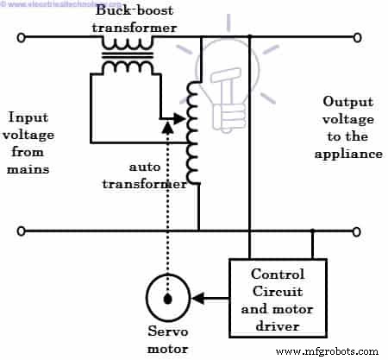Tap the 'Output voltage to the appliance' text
(x=350, y=130)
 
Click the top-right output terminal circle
(x=356, y=37)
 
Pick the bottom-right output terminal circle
(x=356, y=231)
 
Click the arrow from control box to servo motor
(x=210, y=298)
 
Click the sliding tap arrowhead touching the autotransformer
(x=181, y=120)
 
